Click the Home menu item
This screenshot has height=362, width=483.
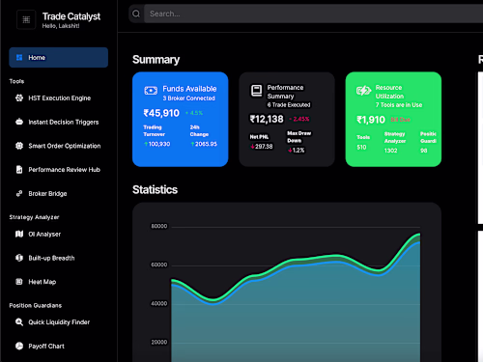tap(58, 58)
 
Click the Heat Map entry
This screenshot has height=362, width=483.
tap(42, 282)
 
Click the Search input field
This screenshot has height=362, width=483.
tap(290, 14)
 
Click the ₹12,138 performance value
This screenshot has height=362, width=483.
tap(267, 120)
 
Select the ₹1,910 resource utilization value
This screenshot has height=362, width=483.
tap(371, 120)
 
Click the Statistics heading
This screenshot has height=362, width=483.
tap(155, 190)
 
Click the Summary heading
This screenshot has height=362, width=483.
tap(156, 60)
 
